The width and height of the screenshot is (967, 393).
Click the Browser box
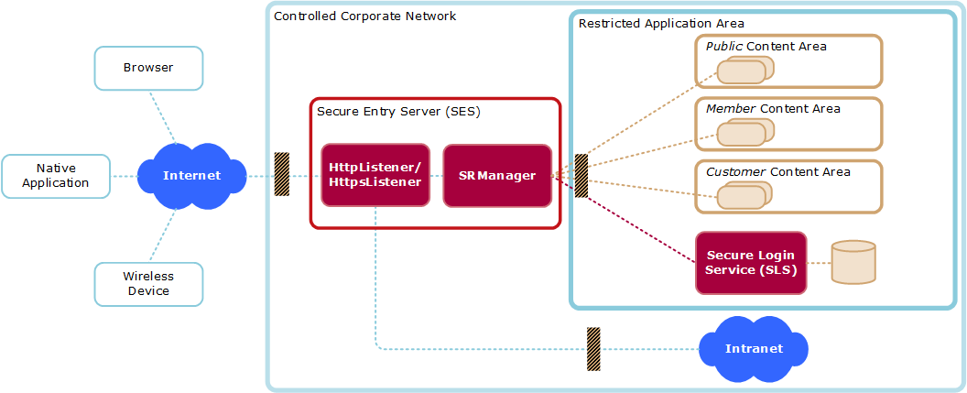(148, 68)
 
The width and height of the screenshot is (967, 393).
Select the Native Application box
(56, 176)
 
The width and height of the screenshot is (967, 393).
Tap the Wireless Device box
(148, 284)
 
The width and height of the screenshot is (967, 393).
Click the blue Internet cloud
(192, 175)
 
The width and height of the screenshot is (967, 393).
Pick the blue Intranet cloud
(754, 348)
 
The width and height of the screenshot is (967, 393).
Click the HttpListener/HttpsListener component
(375, 175)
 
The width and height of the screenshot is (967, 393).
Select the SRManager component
(497, 175)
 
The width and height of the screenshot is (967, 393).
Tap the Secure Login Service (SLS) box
(751, 263)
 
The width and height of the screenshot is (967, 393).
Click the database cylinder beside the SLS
(853, 263)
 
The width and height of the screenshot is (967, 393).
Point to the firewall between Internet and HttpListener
(282, 174)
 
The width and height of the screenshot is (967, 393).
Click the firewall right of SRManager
(581, 175)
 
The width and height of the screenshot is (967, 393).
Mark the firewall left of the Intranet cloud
(593, 348)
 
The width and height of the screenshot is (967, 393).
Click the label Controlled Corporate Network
(364, 16)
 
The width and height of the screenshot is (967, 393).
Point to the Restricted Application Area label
(660, 23)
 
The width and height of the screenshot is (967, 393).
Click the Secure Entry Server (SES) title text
(398, 112)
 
